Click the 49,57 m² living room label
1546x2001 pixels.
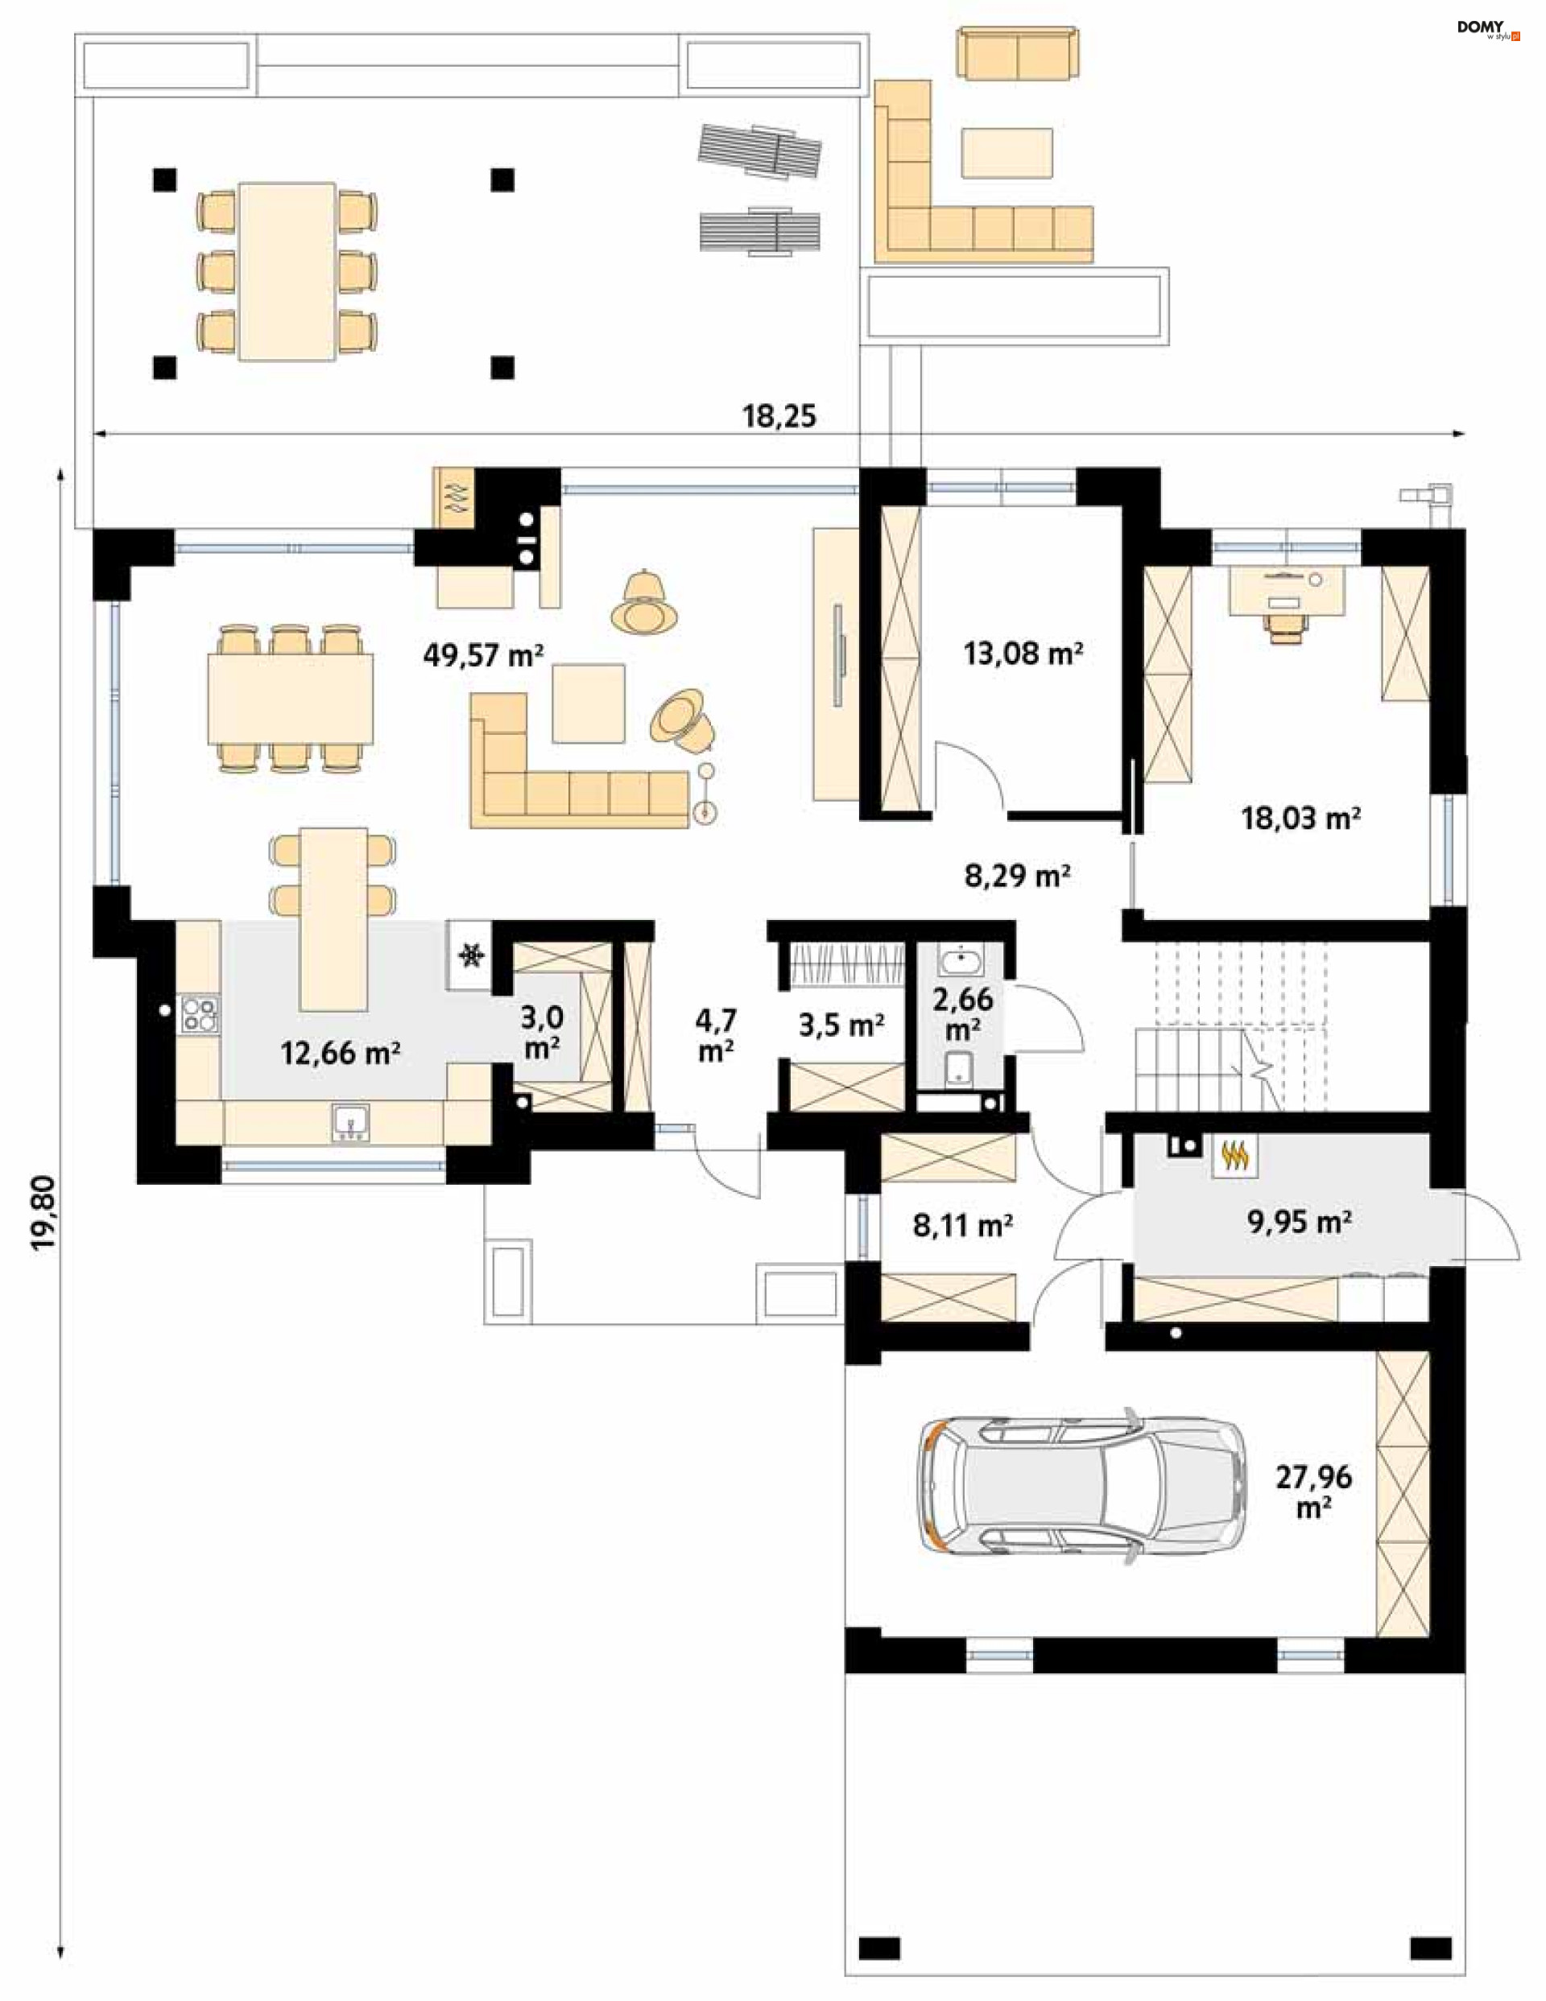click(x=483, y=655)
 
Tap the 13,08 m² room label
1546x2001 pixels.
click(x=1023, y=654)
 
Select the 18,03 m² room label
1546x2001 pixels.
click(x=1300, y=817)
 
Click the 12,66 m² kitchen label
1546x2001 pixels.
click(x=340, y=1054)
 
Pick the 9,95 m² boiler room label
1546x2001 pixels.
click(x=1300, y=1221)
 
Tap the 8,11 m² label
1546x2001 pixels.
click(x=962, y=1225)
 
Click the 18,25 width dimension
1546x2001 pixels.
click(x=779, y=416)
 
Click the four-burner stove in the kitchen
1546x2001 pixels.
click(x=200, y=1014)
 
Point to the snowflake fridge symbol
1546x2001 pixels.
click(x=473, y=956)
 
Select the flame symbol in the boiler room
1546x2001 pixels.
click(x=1236, y=1157)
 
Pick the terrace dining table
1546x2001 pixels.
click(x=287, y=271)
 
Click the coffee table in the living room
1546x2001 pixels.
click(x=589, y=703)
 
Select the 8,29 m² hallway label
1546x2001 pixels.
click(x=1017, y=876)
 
